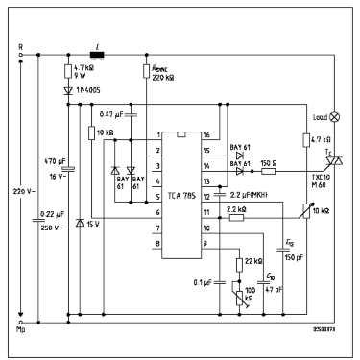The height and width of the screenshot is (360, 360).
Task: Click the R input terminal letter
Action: coord(20,46)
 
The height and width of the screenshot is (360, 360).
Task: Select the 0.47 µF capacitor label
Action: coord(116,114)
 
